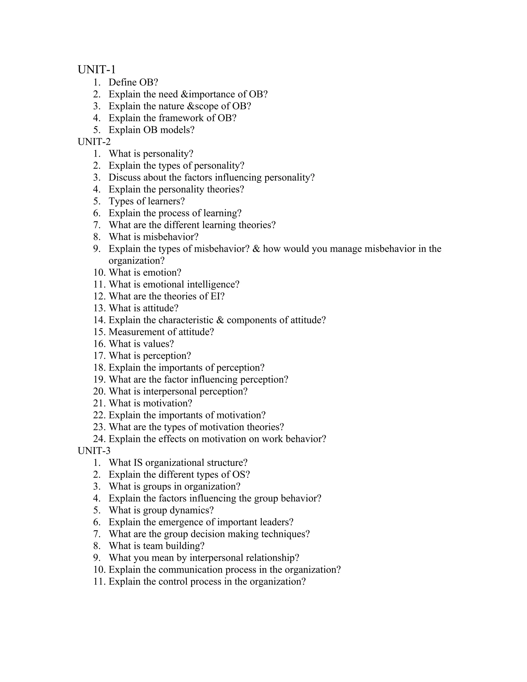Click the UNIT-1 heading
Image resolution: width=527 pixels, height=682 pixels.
(96, 69)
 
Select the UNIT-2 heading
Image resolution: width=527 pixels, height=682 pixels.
(94, 142)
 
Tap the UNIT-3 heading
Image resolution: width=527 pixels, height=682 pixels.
(94, 451)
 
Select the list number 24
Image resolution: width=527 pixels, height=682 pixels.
(99, 439)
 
